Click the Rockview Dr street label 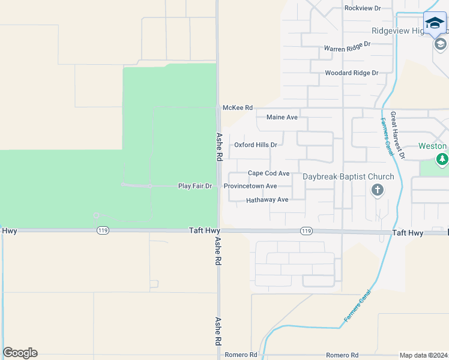point(363,8)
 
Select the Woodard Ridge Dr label point(351,73)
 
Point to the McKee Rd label point(238,107)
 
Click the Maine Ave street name point(282,118)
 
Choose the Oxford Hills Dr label point(255,145)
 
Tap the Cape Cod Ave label point(268,173)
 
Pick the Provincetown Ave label point(250,187)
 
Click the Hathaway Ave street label point(267,200)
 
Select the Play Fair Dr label point(195,187)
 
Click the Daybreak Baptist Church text point(348,177)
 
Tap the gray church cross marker point(378,191)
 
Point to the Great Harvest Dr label point(398,135)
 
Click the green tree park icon point(442,159)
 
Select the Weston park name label point(432,146)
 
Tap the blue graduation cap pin point(435,23)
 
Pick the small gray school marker point(440,44)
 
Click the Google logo point(20,353)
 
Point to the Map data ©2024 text point(423,355)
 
